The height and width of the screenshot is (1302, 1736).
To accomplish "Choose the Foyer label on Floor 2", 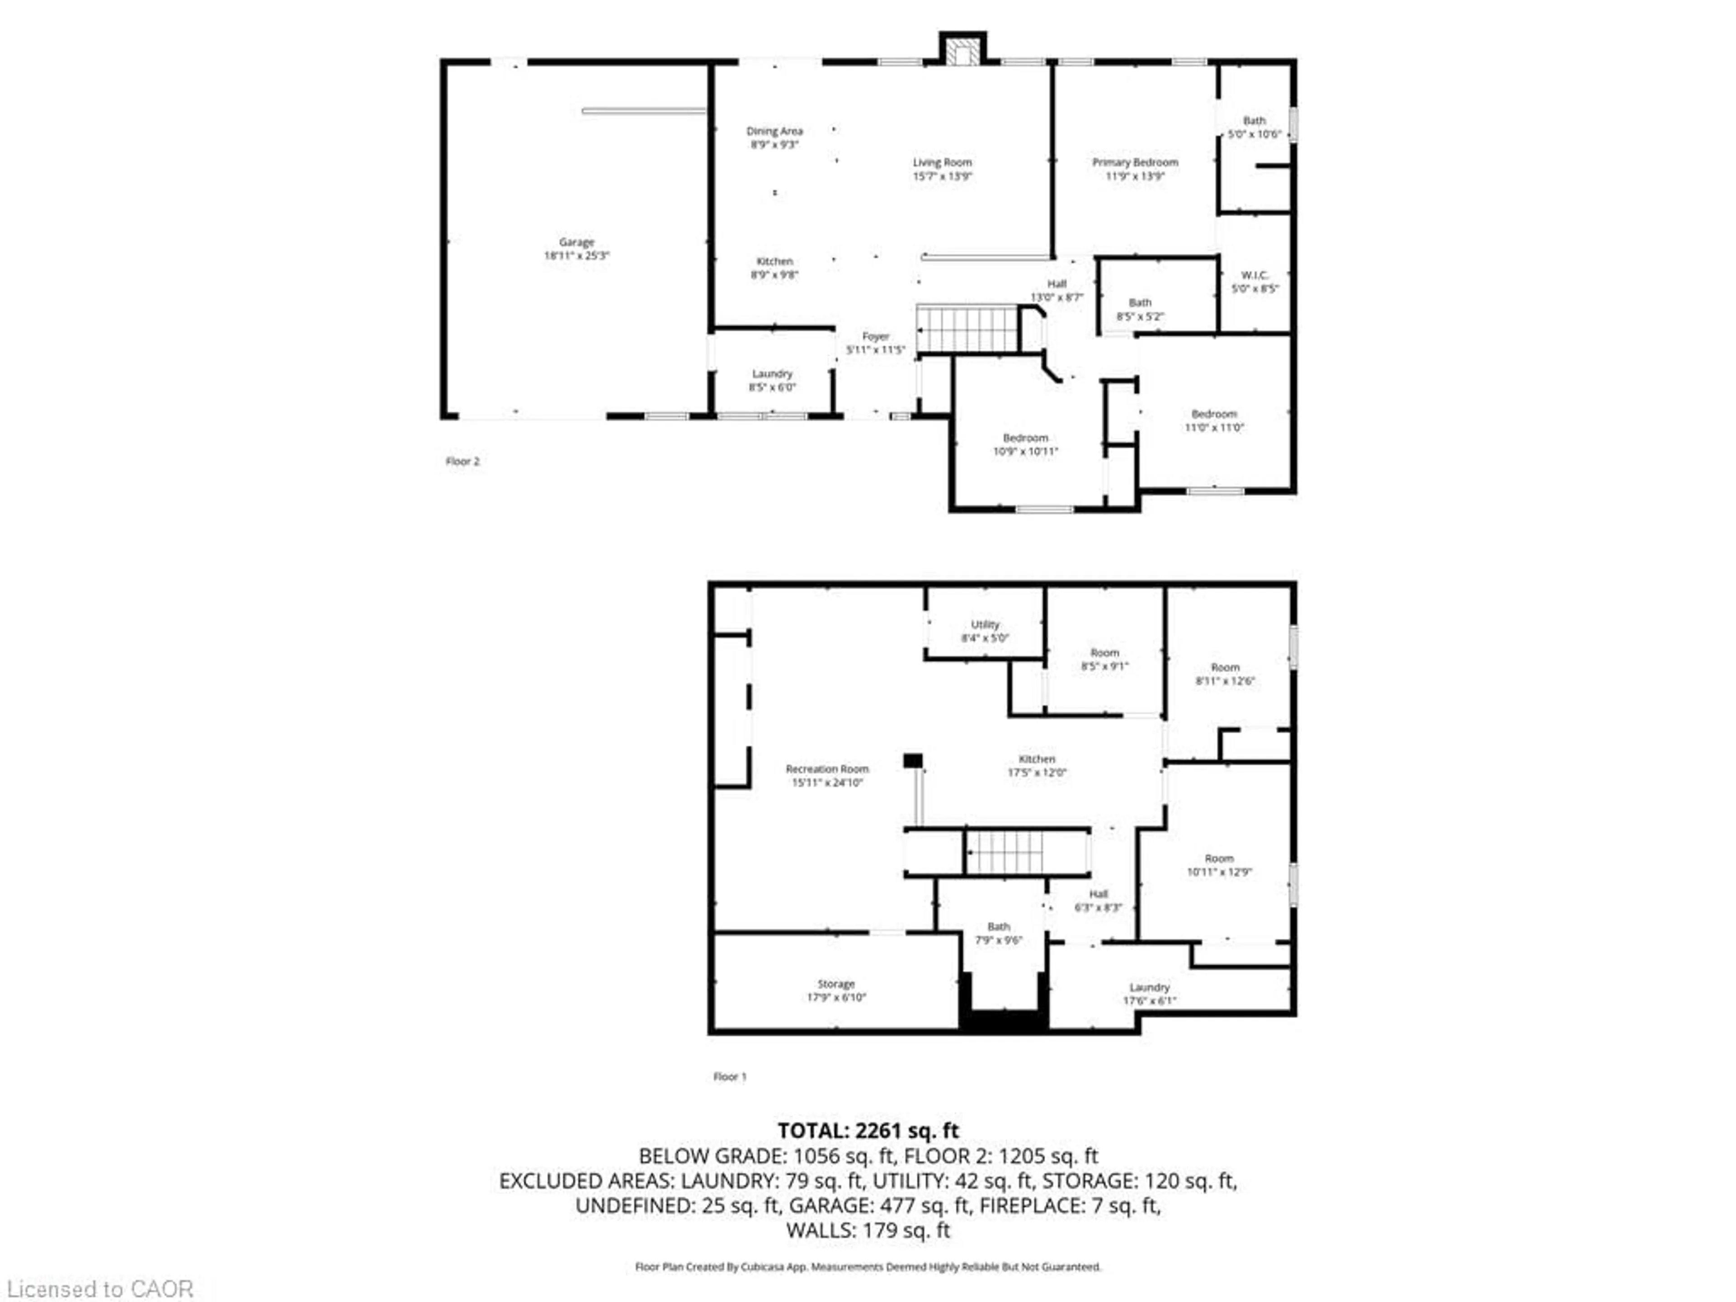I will click(x=875, y=337).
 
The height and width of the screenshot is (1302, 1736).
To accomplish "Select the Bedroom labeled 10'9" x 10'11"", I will click(x=1025, y=444).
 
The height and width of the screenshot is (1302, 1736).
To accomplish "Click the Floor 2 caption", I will click(x=462, y=462).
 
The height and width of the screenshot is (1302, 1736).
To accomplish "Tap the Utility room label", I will click(x=985, y=625).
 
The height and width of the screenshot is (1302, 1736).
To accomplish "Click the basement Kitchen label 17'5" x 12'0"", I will click(x=1037, y=766).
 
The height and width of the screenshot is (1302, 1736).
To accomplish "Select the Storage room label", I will click(x=836, y=984).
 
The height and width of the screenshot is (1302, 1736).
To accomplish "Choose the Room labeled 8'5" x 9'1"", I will click(x=1104, y=659).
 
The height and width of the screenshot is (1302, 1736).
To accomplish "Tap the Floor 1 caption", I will click(x=729, y=1077).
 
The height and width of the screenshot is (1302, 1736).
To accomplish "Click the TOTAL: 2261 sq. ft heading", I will click(x=868, y=1131).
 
